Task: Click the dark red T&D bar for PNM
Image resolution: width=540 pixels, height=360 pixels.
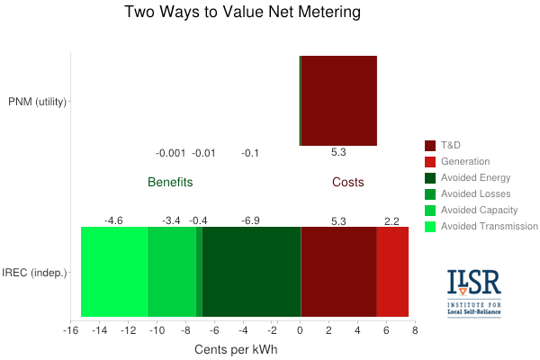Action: click(x=338, y=100)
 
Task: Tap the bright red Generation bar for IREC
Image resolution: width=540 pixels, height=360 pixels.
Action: click(x=392, y=272)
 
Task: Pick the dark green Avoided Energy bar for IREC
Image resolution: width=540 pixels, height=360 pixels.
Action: click(x=251, y=272)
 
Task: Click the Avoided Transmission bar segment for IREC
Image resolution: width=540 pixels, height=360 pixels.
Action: click(x=113, y=272)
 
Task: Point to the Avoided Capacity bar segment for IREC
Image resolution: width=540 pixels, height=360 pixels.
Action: click(x=171, y=272)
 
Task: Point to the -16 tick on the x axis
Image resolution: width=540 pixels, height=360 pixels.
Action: click(x=70, y=330)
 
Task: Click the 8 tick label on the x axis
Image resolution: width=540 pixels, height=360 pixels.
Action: click(x=415, y=330)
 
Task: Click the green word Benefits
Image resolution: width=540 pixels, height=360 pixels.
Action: click(x=170, y=182)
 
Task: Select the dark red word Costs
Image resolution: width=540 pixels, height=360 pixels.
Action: click(x=348, y=182)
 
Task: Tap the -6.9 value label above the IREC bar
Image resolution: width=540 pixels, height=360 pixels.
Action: click(x=251, y=220)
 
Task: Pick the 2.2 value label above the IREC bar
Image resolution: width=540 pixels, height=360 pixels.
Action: click(x=392, y=220)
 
